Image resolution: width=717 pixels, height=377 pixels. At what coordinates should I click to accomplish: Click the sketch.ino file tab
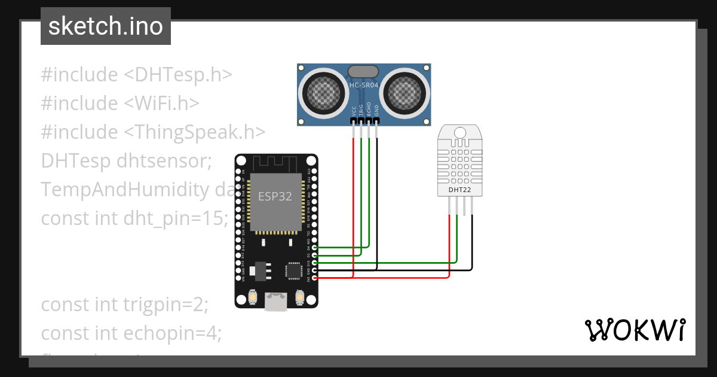pyautogui.click(x=105, y=27)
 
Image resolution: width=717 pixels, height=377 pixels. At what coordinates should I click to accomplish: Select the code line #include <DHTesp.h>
pyautogui.click(x=136, y=75)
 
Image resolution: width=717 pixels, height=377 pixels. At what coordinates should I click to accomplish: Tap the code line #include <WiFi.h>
pyautogui.click(x=119, y=103)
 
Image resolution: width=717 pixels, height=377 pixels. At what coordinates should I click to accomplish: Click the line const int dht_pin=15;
pyautogui.click(x=134, y=218)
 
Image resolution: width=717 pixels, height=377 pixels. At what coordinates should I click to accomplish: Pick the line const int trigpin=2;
pyautogui.click(x=124, y=304)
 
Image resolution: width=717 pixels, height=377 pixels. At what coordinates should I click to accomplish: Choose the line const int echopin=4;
pyautogui.click(x=131, y=333)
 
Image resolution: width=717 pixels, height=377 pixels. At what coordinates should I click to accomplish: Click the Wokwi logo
pyautogui.click(x=635, y=330)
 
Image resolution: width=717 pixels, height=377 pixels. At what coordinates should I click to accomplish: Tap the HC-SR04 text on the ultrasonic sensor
pyautogui.click(x=364, y=86)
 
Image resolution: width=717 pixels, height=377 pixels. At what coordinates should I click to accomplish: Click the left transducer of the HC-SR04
pyautogui.click(x=323, y=92)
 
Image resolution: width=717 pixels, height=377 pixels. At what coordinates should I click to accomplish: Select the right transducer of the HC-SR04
pyautogui.click(x=405, y=92)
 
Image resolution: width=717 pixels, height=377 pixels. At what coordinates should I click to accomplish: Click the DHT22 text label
pyautogui.click(x=460, y=190)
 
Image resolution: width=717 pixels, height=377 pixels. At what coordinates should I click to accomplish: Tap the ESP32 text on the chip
pyautogui.click(x=275, y=197)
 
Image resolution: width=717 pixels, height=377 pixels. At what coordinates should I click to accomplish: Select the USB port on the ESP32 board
pyautogui.click(x=275, y=301)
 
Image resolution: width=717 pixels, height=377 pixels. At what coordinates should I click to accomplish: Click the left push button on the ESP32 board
pyautogui.click(x=253, y=297)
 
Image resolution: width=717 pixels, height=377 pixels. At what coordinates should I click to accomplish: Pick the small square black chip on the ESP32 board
pyautogui.click(x=293, y=270)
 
